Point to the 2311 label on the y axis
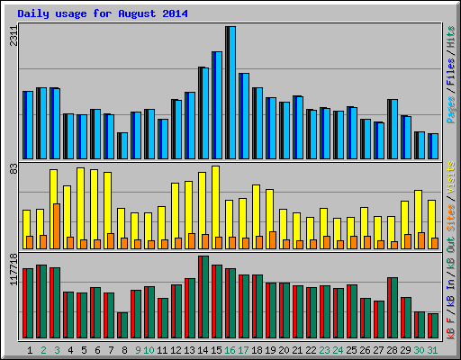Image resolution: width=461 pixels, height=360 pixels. pyautogui.click(x=12, y=37)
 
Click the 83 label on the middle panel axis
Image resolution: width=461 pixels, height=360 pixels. pyautogui.click(x=12, y=168)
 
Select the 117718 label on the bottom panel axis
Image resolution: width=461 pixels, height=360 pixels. pyautogui.click(x=12, y=271)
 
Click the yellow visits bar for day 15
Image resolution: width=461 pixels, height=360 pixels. pyautogui.click(x=216, y=202)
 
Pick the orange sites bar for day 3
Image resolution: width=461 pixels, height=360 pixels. pyautogui.click(x=56, y=225)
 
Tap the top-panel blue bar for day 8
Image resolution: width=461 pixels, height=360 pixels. pyautogui.click(x=122, y=145)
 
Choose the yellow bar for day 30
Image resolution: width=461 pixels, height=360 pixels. pyautogui.click(x=419, y=216)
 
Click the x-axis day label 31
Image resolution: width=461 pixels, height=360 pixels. pyautogui.click(x=433, y=350)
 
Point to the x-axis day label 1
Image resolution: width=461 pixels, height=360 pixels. pyautogui.click(x=30, y=350)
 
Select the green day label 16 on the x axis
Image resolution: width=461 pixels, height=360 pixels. pyautogui.click(x=230, y=350)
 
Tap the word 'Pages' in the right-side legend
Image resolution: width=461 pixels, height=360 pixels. pyautogui.click(x=450, y=109)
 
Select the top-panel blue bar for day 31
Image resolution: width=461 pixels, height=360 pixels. pyautogui.click(x=433, y=146)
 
